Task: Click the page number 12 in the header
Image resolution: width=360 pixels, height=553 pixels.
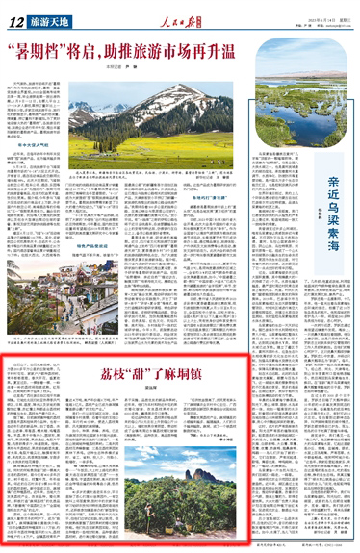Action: coord(13,20)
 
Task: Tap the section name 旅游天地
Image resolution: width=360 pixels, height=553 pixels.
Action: coord(40,20)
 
